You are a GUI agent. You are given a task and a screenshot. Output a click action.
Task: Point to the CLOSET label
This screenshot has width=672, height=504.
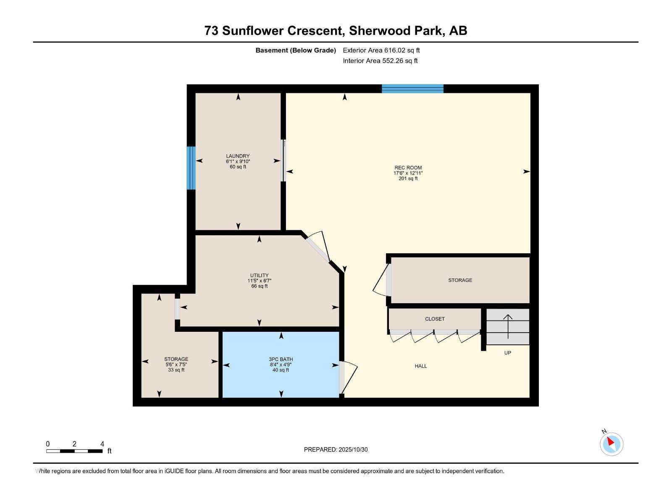pyautogui.click(x=435, y=319)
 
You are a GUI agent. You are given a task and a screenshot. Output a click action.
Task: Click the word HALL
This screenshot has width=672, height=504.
pyautogui.click(x=420, y=366)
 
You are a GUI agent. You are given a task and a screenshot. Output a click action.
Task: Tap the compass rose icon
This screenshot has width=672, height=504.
pyautogui.click(x=611, y=444)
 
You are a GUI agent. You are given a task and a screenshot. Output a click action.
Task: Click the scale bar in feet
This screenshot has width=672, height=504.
pyautogui.click(x=74, y=451)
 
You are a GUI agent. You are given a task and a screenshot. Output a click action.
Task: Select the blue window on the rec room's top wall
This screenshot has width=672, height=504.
pyautogui.click(x=412, y=89)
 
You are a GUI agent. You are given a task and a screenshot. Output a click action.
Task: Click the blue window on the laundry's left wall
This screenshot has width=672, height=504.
pyautogui.click(x=191, y=168)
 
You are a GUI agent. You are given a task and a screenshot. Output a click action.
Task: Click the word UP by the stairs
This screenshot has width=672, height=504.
pyautogui.click(x=507, y=353)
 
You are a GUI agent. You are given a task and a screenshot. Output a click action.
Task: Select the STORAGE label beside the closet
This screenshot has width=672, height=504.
pyautogui.click(x=460, y=280)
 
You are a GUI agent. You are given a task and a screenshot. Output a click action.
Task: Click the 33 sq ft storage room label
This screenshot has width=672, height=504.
pyautogui.click(x=176, y=364)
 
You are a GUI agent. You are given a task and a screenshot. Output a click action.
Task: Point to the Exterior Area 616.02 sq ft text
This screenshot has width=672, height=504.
pyautogui.click(x=381, y=50)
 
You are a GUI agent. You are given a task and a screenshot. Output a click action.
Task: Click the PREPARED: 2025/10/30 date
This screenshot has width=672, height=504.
pyautogui.click(x=336, y=449)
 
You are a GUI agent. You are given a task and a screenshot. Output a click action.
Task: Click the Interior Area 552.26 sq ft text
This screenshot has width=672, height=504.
pyautogui.click(x=380, y=60)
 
